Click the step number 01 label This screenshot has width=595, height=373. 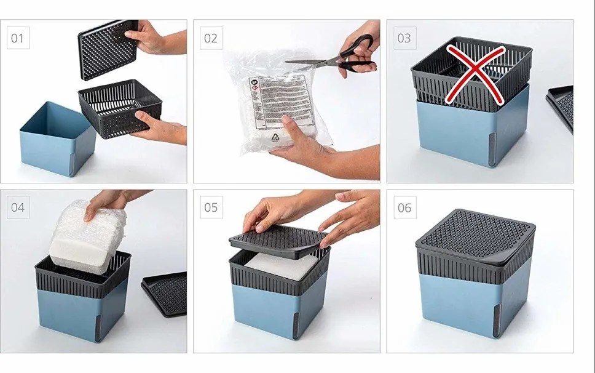coord(17,38)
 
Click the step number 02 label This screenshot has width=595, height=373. coord(211,38)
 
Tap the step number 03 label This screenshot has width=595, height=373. coord(404,38)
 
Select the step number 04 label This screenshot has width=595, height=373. coord(17,207)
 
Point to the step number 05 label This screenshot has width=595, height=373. coord(211,207)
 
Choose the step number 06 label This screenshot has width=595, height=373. coord(404,207)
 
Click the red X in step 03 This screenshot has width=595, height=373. coord(472,73)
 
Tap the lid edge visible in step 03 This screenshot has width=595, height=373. coord(561,105)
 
